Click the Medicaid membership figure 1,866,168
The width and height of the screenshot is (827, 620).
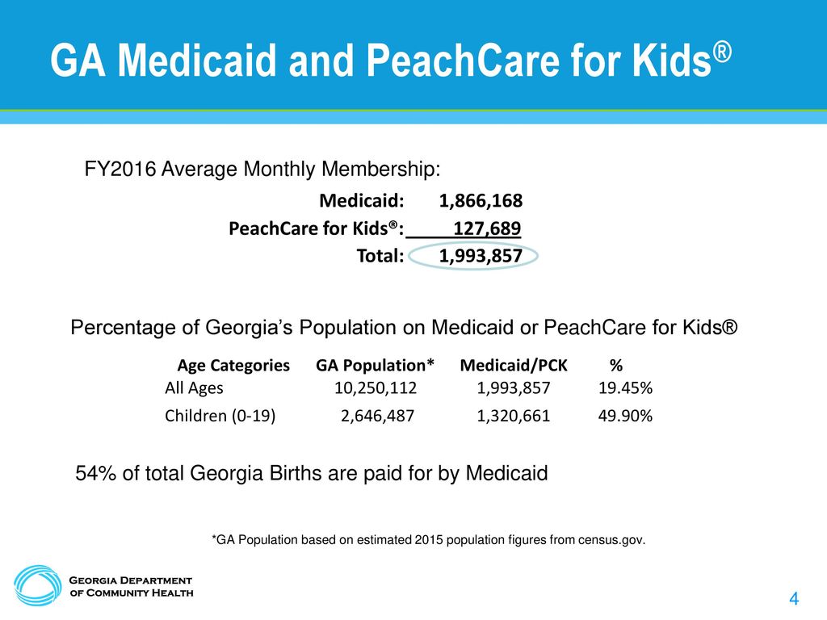(x=481, y=201)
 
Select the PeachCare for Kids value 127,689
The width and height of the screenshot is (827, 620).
(x=487, y=228)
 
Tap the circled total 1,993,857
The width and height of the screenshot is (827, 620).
(x=481, y=256)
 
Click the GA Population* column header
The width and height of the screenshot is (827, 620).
(x=375, y=366)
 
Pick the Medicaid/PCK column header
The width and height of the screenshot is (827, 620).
(x=514, y=366)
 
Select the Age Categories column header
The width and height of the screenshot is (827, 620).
(x=233, y=366)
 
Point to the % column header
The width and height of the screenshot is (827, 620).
(x=616, y=366)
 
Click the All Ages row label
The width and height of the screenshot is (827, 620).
(x=194, y=388)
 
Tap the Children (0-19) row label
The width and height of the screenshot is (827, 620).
(x=220, y=416)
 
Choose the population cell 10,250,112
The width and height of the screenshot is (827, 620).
(x=376, y=388)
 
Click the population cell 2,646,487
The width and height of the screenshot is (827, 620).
(x=378, y=416)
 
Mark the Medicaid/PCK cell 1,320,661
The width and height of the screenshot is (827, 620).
(x=513, y=416)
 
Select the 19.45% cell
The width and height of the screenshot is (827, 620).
(x=626, y=388)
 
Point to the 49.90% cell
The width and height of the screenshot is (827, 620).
(x=626, y=416)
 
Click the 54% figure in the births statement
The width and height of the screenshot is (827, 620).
(x=96, y=473)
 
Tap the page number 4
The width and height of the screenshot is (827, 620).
(x=794, y=599)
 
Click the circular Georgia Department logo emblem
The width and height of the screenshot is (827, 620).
(x=37, y=586)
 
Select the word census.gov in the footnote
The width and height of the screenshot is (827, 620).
(x=612, y=540)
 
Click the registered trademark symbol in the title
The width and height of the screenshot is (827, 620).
(x=723, y=52)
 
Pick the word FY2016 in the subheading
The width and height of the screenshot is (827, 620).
(x=120, y=170)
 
